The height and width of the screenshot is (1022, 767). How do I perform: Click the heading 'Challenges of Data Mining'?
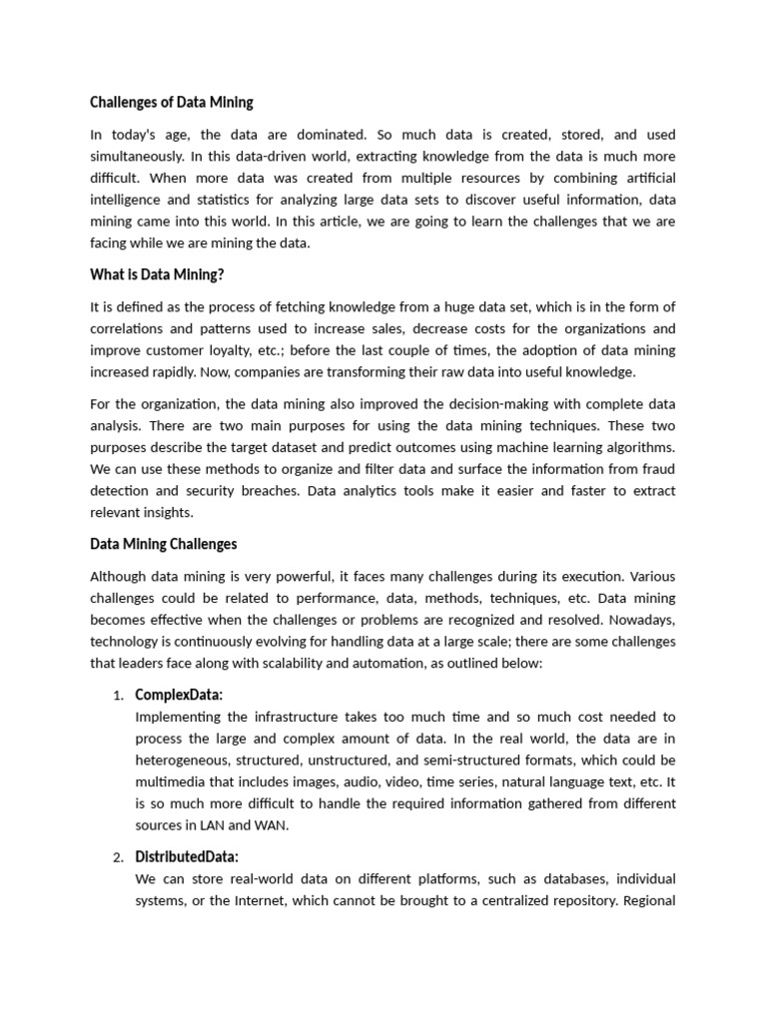(172, 102)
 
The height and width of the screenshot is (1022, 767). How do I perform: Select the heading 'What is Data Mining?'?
(157, 275)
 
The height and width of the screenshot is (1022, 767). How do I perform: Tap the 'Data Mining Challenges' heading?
(164, 544)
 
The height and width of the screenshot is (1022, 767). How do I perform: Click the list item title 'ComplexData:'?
(179, 695)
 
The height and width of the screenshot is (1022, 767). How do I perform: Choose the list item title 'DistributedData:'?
(187, 857)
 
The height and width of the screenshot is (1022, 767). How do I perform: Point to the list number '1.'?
(118, 696)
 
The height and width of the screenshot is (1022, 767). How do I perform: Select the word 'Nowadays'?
(639, 620)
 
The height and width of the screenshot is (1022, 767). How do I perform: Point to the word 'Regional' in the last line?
(651, 901)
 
